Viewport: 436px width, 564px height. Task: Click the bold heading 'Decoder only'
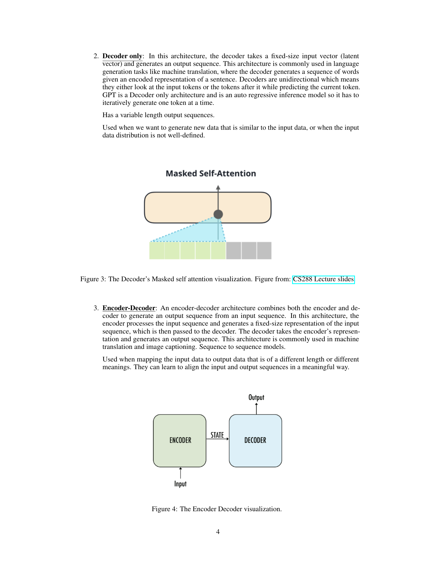click(x=122, y=56)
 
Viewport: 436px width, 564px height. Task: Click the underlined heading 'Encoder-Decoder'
click(x=129, y=308)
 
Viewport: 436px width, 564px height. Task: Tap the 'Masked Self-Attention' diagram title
click(x=211, y=173)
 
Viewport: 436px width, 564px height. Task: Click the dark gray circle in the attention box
click(x=218, y=214)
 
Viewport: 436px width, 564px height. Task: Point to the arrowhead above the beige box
click(x=218, y=187)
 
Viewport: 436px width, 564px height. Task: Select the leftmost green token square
click(x=157, y=250)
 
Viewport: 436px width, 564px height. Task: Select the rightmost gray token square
click(x=264, y=250)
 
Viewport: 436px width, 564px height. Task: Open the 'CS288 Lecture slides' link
click(x=323, y=279)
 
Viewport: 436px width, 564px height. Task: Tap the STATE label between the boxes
click(x=217, y=435)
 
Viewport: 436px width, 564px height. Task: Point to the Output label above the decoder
click(x=256, y=397)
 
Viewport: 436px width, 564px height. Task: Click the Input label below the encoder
click(x=180, y=484)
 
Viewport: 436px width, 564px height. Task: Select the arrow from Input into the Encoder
click(x=181, y=473)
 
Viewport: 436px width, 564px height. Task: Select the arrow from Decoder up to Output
click(x=256, y=409)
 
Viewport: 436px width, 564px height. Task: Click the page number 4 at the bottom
click(x=218, y=532)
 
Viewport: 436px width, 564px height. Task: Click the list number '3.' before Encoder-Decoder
click(x=96, y=308)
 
